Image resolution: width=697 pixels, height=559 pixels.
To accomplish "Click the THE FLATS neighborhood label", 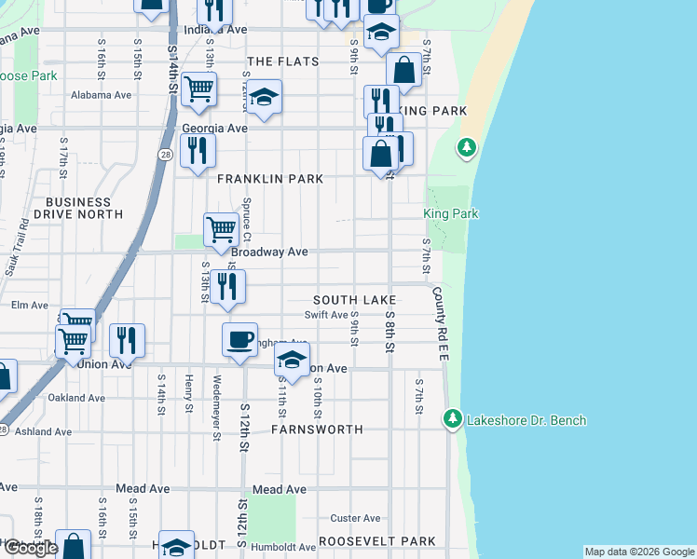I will [x=282, y=61].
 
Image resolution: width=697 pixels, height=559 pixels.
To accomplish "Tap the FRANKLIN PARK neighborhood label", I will [x=270, y=179].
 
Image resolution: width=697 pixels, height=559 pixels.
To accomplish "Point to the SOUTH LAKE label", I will [x=354, y=300].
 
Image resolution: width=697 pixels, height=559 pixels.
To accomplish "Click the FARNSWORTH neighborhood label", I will [x=316, y=430].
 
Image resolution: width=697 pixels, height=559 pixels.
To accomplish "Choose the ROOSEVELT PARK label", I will [x=376, y=541].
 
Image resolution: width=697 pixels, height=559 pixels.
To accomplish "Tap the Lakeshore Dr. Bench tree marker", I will [x=453, y=419].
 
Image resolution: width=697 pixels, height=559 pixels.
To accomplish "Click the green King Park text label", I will [x=451, y=214].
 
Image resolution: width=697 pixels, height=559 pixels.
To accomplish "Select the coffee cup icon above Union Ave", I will [x=240, y=339].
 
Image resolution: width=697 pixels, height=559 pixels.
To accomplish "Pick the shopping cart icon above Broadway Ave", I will [x=221, y=229].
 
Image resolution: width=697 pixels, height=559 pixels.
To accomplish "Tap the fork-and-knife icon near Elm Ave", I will [x=226, y=287].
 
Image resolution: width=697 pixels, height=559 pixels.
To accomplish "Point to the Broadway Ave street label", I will [x=269, y=252].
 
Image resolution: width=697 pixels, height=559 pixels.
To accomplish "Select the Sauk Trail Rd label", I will [x=17, y=247].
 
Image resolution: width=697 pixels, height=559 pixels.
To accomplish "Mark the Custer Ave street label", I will [x=356, y=518].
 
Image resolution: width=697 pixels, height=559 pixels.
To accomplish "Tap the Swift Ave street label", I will [x=333, y=315].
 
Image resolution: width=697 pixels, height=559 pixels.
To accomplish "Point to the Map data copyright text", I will [x=637, y=552].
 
